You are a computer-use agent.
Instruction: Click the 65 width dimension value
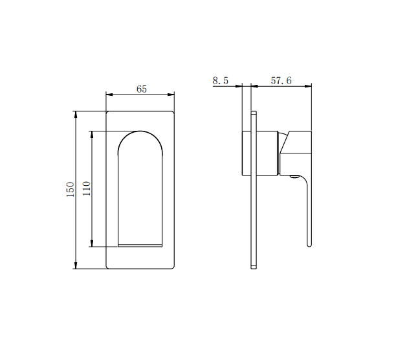142,89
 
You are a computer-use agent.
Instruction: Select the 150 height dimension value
70,190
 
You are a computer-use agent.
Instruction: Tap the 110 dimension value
86,188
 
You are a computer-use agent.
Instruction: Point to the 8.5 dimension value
221,81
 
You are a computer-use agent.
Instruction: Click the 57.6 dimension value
281,81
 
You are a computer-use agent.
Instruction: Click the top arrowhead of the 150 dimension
76,114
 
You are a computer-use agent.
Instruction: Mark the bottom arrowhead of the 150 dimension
76,265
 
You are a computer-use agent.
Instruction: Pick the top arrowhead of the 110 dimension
92,134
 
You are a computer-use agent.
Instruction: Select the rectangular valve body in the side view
261,153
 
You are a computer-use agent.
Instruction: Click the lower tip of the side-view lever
309,245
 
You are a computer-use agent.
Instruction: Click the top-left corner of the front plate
107,113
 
